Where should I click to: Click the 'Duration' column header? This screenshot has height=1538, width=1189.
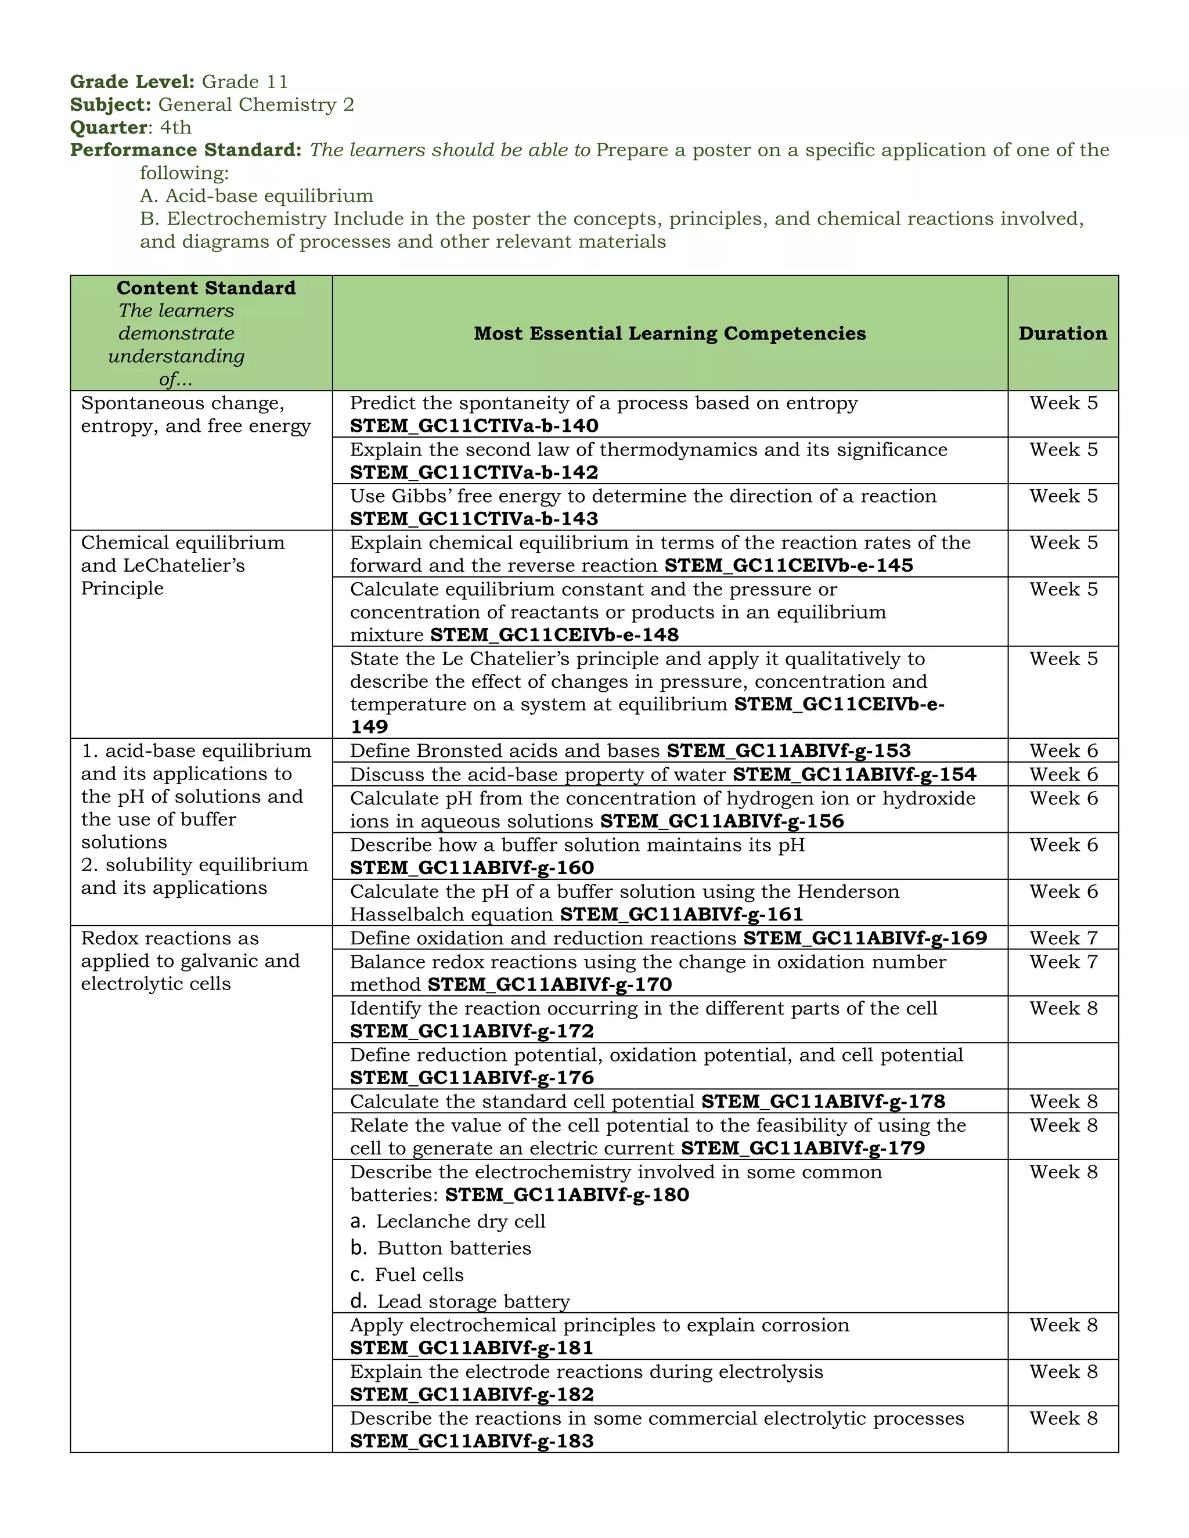point(1062,334)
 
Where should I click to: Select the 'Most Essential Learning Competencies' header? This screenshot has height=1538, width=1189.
point(669,334)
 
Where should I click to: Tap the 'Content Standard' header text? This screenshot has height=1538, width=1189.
point(206,288)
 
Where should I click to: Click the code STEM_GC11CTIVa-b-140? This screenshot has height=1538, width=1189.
point(474,426)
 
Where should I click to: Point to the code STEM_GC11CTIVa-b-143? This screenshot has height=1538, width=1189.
point(474,519)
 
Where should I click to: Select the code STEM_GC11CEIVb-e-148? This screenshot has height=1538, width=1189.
point(554,635)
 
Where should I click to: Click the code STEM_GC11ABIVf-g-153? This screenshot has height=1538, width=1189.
point(789,752)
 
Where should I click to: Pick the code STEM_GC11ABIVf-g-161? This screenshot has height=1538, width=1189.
point(682,915)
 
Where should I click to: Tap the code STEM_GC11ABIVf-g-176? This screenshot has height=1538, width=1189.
point(472,1078)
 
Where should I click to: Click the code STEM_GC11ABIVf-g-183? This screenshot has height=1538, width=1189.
point(472,1442)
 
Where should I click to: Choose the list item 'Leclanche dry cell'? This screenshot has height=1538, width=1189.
point(460,1222)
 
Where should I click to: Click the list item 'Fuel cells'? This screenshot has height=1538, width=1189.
point(419,1275)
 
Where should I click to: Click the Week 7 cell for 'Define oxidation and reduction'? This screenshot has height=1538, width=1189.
point(1063,938)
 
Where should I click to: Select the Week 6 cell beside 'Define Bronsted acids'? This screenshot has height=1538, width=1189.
point(1063,752)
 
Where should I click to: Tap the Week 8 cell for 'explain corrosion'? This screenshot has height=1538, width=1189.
point(1063,1326)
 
